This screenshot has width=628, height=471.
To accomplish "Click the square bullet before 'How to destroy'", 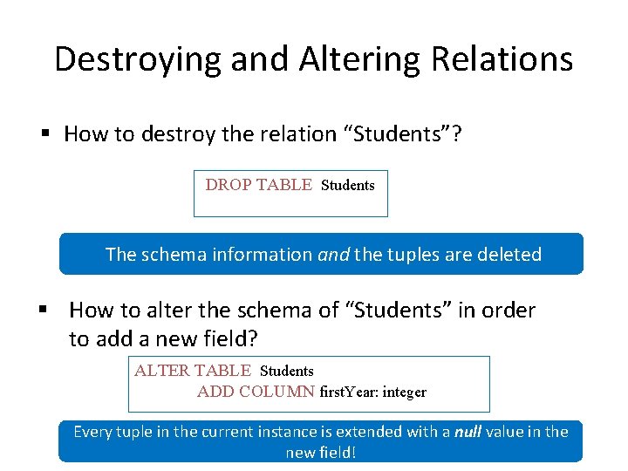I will point(45,134).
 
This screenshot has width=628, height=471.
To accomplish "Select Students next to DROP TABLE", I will point(348,185).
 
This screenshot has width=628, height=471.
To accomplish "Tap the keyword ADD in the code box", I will point(213,392).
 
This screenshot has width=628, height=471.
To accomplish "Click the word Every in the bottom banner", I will point(93,431).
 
